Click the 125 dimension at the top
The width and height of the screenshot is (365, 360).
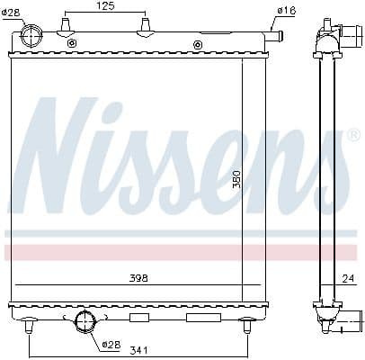(105, 6)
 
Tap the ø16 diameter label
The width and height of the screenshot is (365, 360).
(286, 10)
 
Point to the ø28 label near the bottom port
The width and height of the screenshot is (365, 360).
(111, 343)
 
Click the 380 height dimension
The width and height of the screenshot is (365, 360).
(237, 179)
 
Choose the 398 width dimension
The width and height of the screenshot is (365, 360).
(137, 278)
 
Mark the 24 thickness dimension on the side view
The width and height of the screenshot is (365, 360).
(348, 278)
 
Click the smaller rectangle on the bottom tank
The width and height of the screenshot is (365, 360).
(139, 318)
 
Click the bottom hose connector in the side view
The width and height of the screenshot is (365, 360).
(343, 319)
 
